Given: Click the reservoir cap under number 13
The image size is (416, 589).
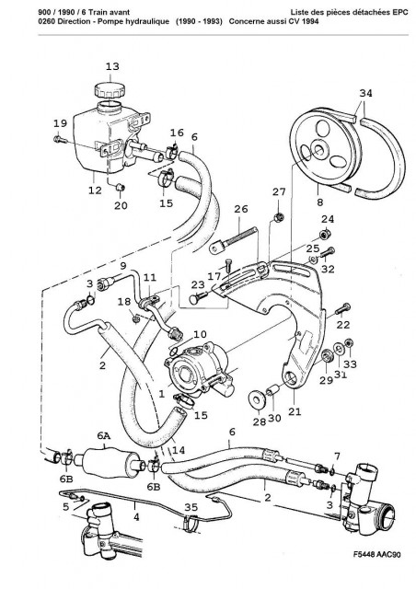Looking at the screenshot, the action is tap(110, 90).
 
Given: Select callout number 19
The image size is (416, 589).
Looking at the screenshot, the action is tap(60, 122).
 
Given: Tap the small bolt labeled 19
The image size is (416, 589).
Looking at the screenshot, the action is tap(60, 140).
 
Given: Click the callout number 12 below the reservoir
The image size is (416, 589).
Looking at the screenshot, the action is tap(95, 191).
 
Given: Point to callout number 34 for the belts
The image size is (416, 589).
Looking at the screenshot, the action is tap(365, 93).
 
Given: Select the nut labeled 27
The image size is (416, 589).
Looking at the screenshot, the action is tap(279, 216).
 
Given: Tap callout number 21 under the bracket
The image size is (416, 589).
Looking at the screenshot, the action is tap(295, 411).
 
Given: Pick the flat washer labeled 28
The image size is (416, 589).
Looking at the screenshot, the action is tap(257, 398).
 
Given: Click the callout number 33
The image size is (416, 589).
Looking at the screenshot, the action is tap(351, 364).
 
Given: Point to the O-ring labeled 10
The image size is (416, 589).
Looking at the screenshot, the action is tap(173, 352).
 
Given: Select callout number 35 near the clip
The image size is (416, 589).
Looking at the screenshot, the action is tap(191, 507).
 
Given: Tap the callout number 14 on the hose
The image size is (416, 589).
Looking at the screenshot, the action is tap(179, 450).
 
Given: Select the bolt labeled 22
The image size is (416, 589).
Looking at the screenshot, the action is tap(342, 309).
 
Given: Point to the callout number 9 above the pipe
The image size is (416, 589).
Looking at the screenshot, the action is tap(123, 266).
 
